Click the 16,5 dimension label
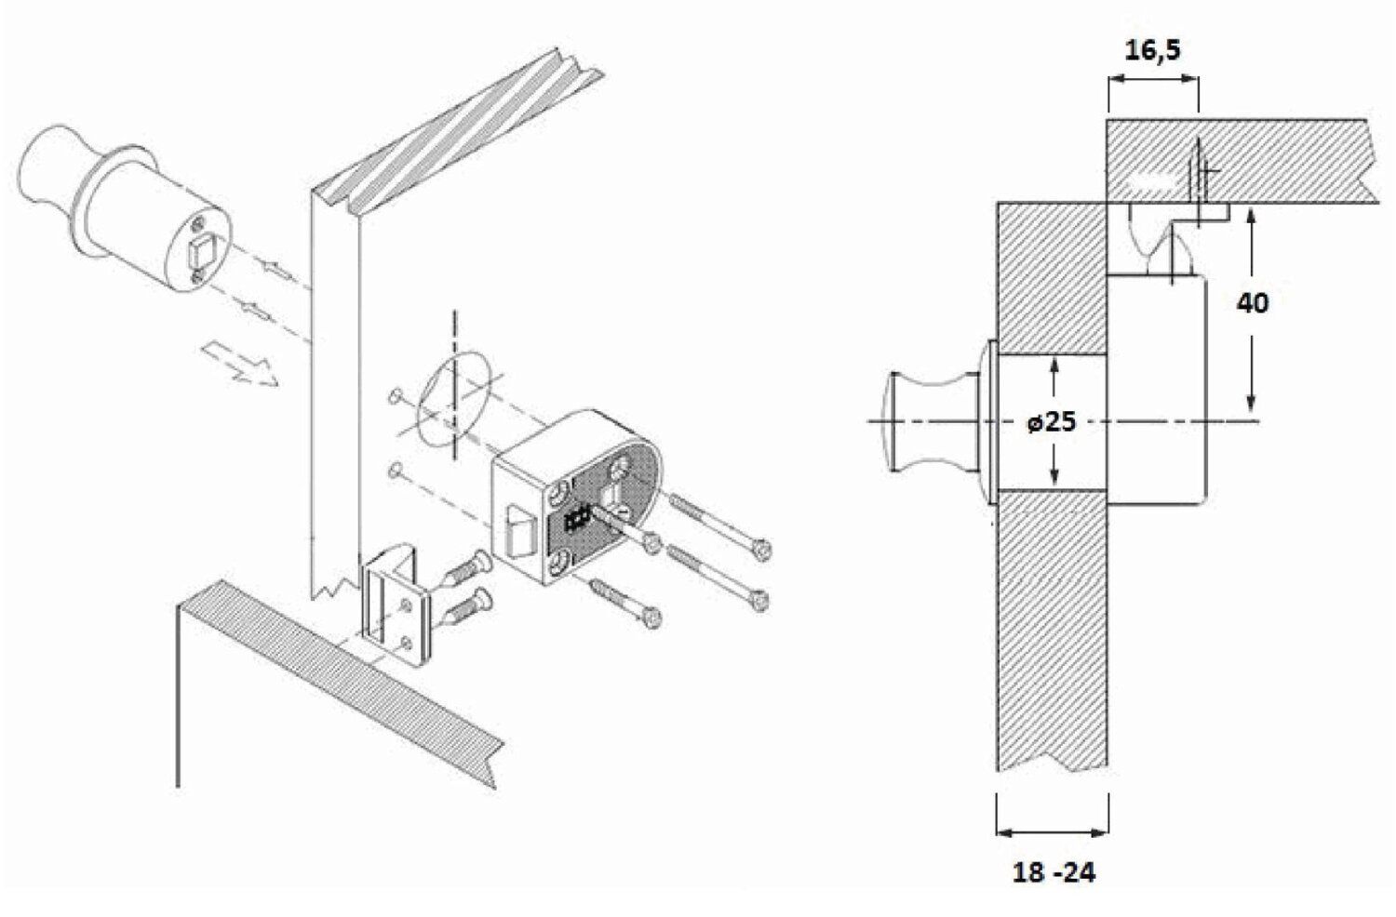point(1152,51)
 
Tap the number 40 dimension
point(1252,303)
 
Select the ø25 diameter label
point(1052,422)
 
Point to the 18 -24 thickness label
point(1054,873)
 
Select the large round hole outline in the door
point(454,400)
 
